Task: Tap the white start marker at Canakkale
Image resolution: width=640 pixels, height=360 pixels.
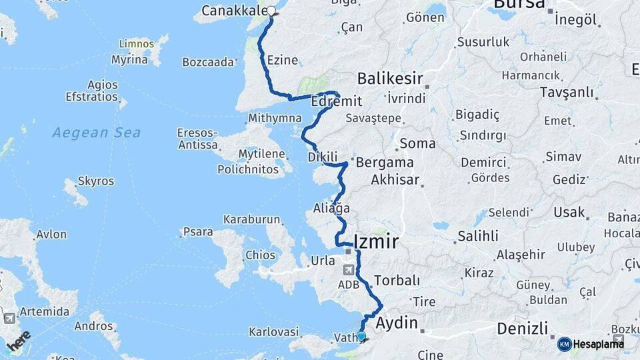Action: pos(271,10)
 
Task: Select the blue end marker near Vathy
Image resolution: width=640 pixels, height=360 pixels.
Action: pos(361,336)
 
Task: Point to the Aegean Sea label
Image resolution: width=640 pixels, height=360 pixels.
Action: pos(97,133)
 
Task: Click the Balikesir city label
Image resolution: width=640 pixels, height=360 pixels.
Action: pos(391,79)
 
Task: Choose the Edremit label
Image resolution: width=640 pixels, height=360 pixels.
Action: pos(337,101)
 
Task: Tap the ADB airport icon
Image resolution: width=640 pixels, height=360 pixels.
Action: pos(349,270)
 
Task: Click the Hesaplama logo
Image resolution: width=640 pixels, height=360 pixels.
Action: pos(591,344)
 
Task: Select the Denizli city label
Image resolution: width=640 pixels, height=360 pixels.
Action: pos(523,329)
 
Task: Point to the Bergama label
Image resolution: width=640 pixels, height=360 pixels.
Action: pos(385,162)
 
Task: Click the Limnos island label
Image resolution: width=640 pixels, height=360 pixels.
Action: pos(136,44)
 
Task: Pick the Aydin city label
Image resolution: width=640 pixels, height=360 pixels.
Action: pos(397,323)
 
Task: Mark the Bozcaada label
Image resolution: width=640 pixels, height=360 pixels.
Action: pos(209,62)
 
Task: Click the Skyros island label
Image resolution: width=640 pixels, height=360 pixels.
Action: pos(96,181)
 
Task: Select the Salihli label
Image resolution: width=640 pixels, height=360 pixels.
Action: pos(477,236)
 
